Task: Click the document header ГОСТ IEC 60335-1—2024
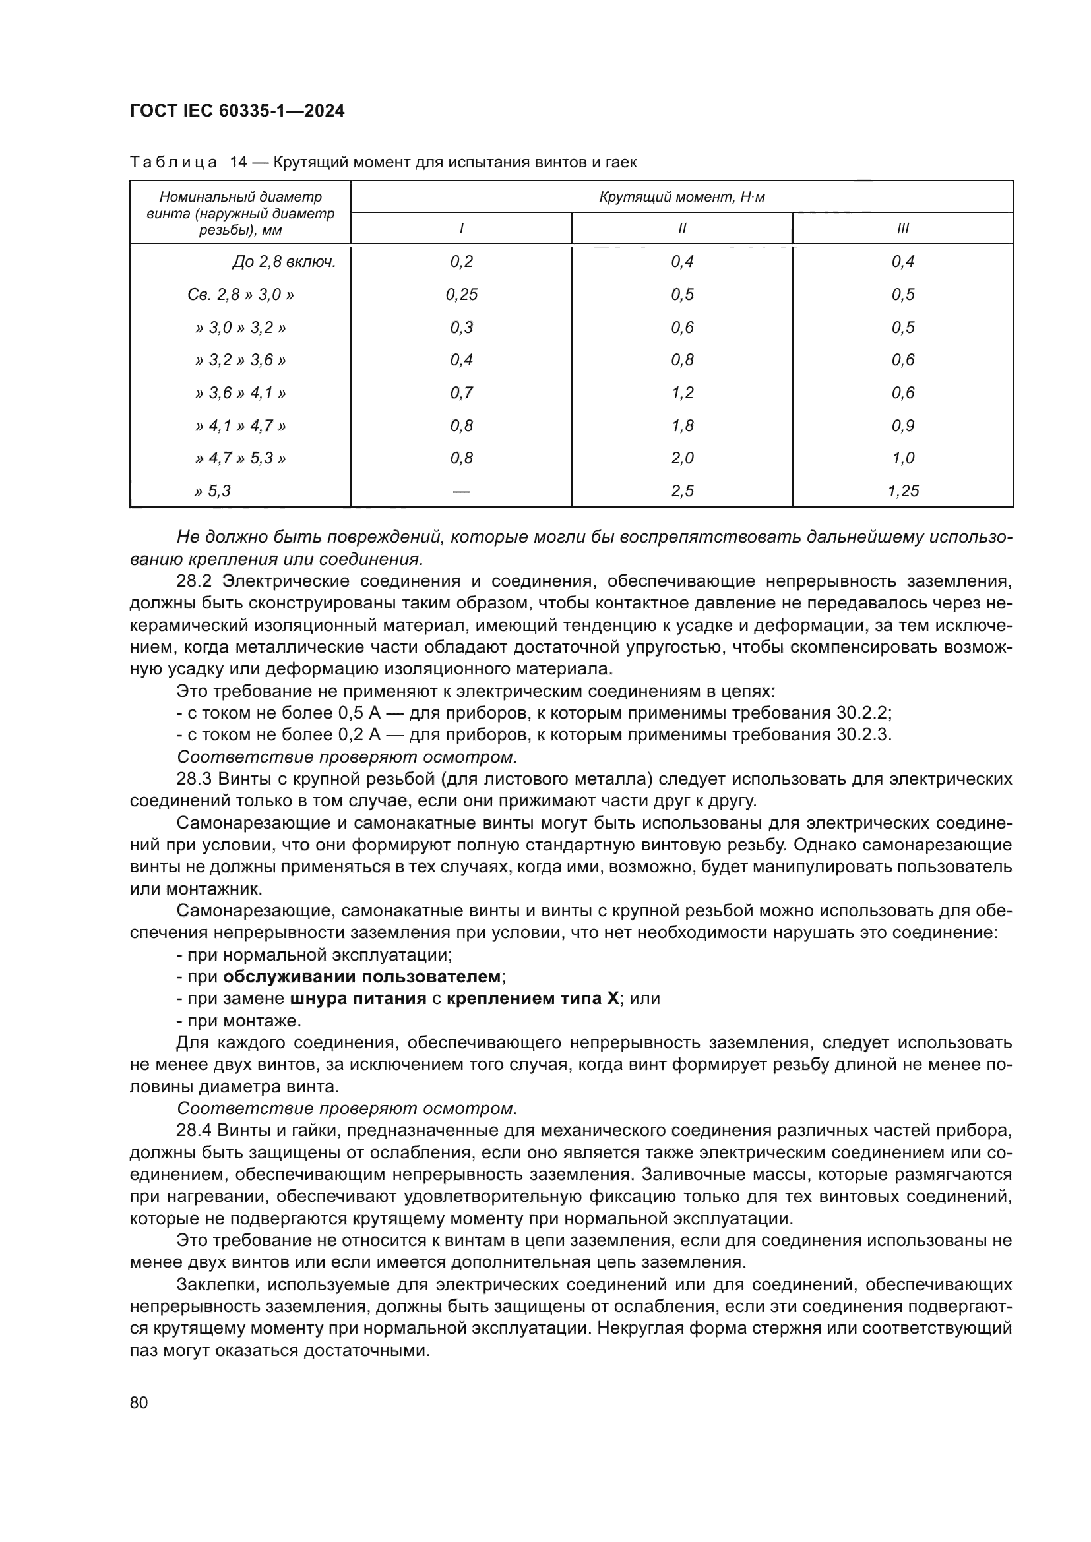[237, 111]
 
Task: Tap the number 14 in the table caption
[239, 163]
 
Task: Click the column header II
[682, 229]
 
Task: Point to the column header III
[902, 229]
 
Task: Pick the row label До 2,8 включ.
[284, 262]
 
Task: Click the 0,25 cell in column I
[462, 295]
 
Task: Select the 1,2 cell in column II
[682, 393]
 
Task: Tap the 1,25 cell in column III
[902, 491]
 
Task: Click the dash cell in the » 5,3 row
[462, 492]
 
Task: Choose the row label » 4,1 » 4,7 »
[241, 426]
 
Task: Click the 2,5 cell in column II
[682, 491]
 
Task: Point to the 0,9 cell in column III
[902, 426]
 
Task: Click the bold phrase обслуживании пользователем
[362, 976]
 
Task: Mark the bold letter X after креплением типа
[612, 999]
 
